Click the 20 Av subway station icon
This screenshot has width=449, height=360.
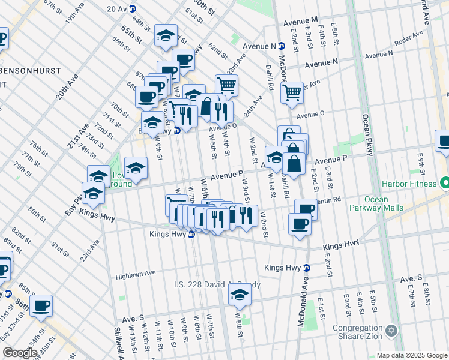click(133, 8)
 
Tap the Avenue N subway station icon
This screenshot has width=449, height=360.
click(282, 46)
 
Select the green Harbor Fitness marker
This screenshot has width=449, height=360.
click(444, 181)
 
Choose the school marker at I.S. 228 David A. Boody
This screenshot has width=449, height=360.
click(240, 295)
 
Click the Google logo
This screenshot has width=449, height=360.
click(20, 353)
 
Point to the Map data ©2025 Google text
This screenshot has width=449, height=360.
click(411, 356)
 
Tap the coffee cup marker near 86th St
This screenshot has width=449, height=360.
click(41, 306)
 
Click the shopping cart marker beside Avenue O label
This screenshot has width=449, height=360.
click(292, 93)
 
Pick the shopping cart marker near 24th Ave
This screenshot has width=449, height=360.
click(226, 86)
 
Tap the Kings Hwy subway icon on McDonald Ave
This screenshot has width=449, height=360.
click(307, 268)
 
